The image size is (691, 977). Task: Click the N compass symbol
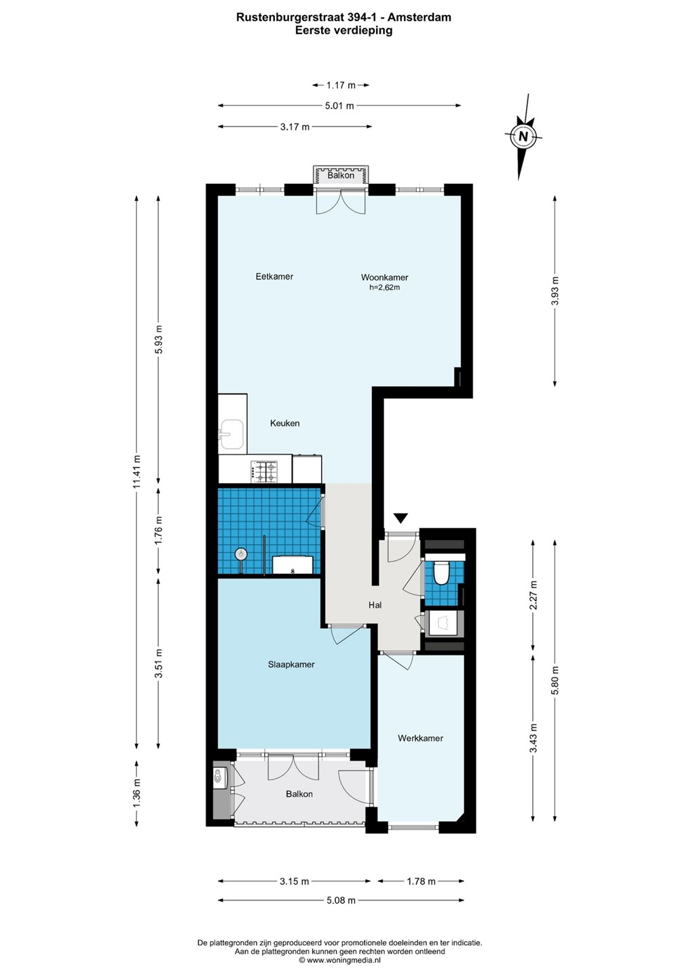[x=523, y=136]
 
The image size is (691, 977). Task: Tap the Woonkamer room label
[x=384, y=277]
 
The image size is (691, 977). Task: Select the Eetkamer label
[x=274, y=277]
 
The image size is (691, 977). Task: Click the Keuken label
[x=285, y=423]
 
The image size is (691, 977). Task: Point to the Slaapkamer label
[x=291, y=664]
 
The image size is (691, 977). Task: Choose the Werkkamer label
[x=420, y=738]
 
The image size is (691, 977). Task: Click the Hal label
[x=375, y=605]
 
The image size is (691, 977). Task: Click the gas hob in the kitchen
[x=264, y=472]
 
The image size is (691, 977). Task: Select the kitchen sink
[x=231, y=434]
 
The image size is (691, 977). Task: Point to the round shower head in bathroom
[x=241, y=554]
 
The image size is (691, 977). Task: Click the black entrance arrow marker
[x=400, y=518]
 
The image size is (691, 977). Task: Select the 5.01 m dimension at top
[x=340, y=106]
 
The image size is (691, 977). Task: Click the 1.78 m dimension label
[x=421, y=881]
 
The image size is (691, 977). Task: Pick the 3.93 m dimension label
[x=555, y=292]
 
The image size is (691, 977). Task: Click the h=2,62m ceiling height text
[x=384, y=288]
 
